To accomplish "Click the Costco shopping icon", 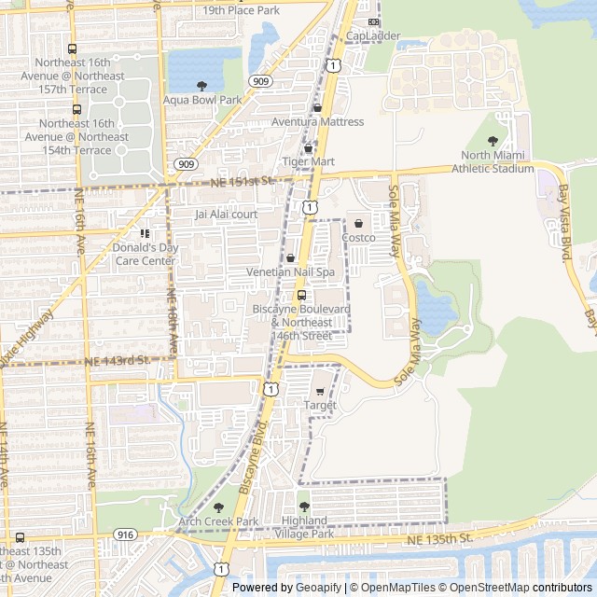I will tap(358, 224).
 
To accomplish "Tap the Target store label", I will tap(320, 405).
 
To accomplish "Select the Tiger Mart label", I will tap(308, 161).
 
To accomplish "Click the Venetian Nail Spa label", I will tap(289, 271).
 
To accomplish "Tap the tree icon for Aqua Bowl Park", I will tap(202, 86).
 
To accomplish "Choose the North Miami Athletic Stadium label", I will tap(493, 162).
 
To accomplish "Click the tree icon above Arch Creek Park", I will tap(219, 507).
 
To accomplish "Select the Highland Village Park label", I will tap(305, 527).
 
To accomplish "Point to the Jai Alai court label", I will tap(225, 214).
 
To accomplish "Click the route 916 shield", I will tap(125, 534).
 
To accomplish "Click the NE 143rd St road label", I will tap(117, 360).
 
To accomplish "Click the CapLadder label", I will tap(373, 36).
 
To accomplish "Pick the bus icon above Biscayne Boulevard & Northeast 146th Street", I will tap(300, 296).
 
